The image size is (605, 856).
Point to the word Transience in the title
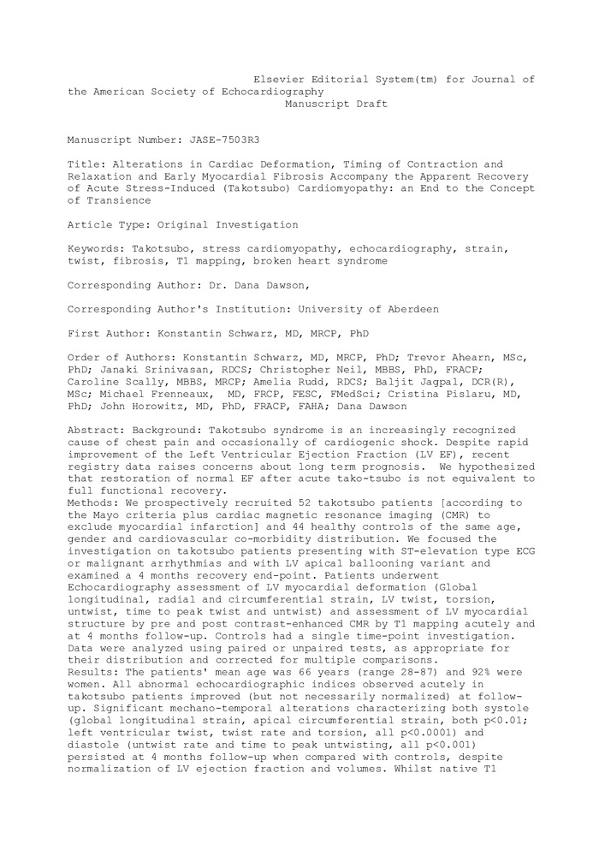click(x=116, y=199)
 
